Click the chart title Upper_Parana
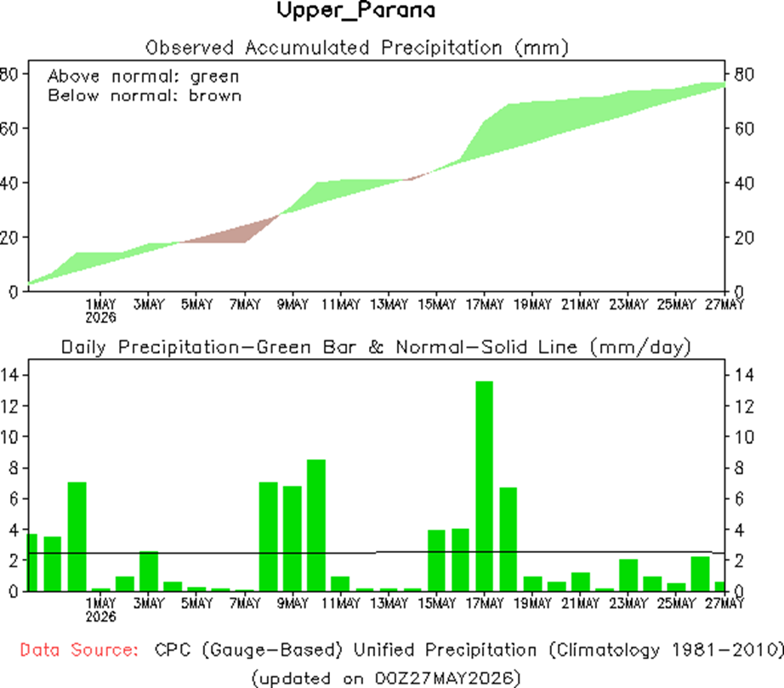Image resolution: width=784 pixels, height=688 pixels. [356, 10]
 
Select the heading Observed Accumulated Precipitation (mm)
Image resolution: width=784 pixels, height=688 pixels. [357, 48]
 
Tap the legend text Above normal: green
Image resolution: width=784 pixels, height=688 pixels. [144, 77]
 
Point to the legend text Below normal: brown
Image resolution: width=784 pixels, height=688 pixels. [145, 95]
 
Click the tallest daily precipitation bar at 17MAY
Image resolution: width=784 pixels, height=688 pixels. [484, 486]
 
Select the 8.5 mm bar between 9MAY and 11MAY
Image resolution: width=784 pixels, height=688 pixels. [316, 525]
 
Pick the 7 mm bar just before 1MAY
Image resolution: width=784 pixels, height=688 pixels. [77, 537]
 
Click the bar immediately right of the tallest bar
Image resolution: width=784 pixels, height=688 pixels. [508, 539]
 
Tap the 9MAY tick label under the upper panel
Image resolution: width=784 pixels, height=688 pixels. [293, 304]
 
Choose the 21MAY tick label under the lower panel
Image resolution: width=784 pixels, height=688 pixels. [580, 603]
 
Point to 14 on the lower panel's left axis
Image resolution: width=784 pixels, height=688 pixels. [9, 374]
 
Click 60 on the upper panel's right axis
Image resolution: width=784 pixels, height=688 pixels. [744, 129]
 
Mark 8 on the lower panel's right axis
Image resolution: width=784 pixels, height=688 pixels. [739, 468]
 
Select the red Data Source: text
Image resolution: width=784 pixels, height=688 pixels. [79, 650]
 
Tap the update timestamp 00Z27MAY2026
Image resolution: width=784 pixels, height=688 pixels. [444, 678]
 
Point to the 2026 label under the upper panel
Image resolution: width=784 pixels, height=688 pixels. [100, 317]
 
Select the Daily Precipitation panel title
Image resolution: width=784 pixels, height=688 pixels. [376, 347]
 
